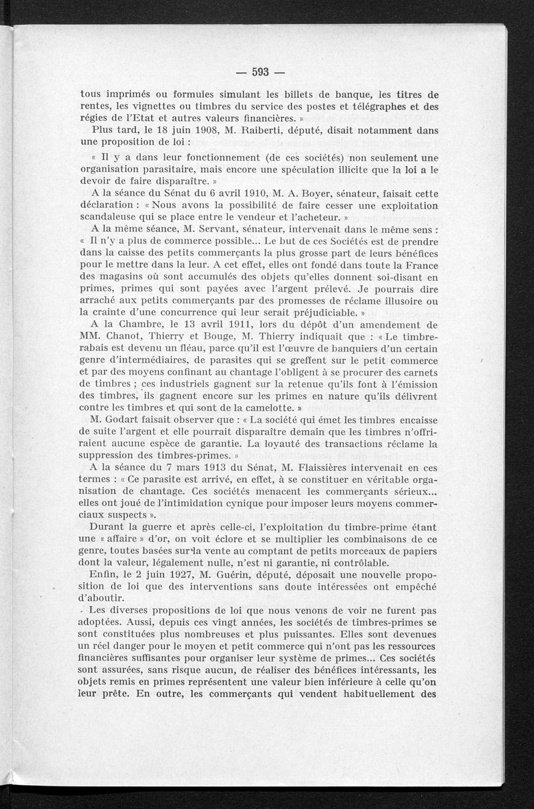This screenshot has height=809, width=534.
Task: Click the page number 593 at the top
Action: [261, 73]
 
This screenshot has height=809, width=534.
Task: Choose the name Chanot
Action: [123, 337]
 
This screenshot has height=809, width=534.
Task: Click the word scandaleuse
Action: [112, 217]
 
